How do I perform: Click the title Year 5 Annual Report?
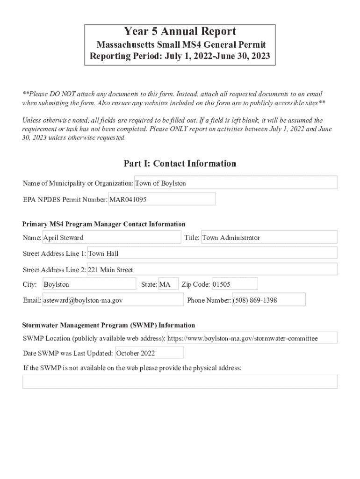coord(180,32)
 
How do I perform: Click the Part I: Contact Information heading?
coord(180,163)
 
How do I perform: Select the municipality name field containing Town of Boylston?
coord(236,183)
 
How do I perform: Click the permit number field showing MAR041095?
coord(162,199)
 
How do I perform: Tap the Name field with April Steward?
coord(111,238)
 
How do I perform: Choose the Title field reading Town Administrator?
coord(268,238)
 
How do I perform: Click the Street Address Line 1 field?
coord(212,254)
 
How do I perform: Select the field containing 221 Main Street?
coord(212,270)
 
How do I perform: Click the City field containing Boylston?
coord(89,284)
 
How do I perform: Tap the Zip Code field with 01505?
coord(234,284)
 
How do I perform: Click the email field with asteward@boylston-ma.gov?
coord(113,300)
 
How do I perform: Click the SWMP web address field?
coord(252,338)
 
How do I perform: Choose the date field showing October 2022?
coord(149,353)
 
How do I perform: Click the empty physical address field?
coord(180,382)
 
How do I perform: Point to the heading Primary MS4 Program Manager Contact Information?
coord(104,224)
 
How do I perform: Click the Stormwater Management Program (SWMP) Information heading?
coord(108,325)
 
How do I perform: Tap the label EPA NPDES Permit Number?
coord(65,200)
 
